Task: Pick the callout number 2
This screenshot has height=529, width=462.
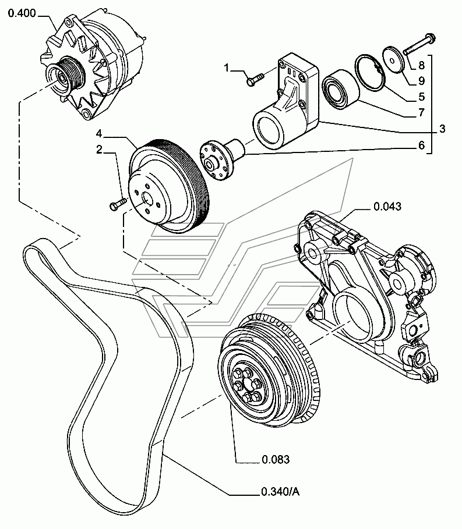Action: (99, 150)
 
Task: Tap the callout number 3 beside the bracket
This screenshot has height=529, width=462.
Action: (443, 129)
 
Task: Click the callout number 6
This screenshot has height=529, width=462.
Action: (421, 145)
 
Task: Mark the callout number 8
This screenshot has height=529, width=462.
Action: (421, 66)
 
